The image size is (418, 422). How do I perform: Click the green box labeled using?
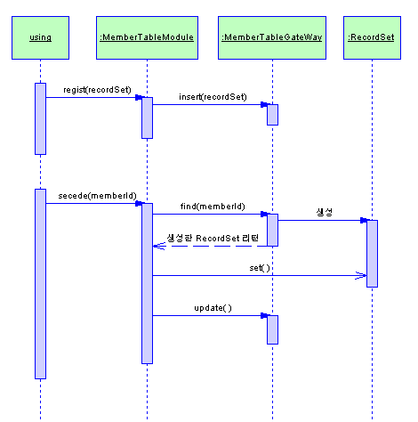pyautogui.click(x=40, y=37)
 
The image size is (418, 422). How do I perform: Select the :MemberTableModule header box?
pyautogui.click(x=147, y=37)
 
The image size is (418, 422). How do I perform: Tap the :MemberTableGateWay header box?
pyautogui.click(x=272, y=37)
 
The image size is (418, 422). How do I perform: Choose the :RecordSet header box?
pyautogui.click(x=372, y=37)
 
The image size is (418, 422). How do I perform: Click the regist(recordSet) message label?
pyautogui.click(x=97, y=90)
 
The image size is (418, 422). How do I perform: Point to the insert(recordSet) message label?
pyautogui.click(x=213, y=97)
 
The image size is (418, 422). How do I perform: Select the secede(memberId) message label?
pyautogui.click(x=97, y=196)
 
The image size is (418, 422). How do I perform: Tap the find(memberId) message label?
pyautogui.click(x=213, y=207)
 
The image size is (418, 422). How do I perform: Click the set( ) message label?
pyautogui.click(x=260, y=268)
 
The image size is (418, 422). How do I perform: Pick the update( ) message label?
pyautogui.click(x=213, y=308)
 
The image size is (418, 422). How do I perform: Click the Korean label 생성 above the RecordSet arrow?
pyautogui.click(x=324, y=212)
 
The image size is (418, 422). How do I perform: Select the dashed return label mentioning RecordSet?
pyautogui.click(x=213, y=238)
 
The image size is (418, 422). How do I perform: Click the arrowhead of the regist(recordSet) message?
pyautogui.click(x=139, y=97)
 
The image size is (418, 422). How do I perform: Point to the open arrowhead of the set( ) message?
pyautogui.click(x=361, y=275)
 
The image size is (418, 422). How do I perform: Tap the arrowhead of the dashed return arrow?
pyautogui.click(x=158, y=246)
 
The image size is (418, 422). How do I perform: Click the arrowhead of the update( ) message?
pyautogui.click(x=264, y=315)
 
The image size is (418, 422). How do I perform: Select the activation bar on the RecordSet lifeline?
pyautogui.click(x=372, y=254)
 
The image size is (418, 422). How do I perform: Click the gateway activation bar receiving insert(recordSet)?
pyautogui.click(x=272, y=115)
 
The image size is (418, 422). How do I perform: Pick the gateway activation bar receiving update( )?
pyautogui.click(x=272, y=329)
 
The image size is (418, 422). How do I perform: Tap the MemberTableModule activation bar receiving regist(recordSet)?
pyautogui.click(x=147, y=118)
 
